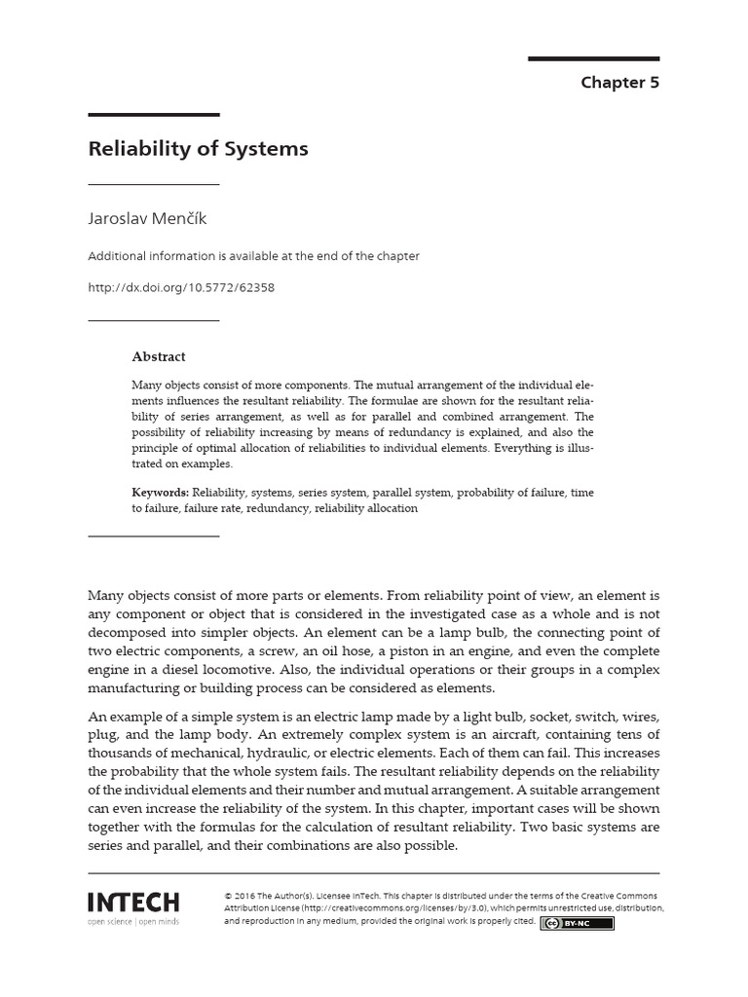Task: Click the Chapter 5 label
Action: (619, 83)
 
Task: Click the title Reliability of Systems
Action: (198, 149)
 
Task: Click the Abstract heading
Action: (159, 356)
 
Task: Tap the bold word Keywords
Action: (161, 493)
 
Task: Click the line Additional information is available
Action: (254, 256)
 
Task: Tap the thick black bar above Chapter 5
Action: (593, 59)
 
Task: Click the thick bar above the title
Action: (154, 116)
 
